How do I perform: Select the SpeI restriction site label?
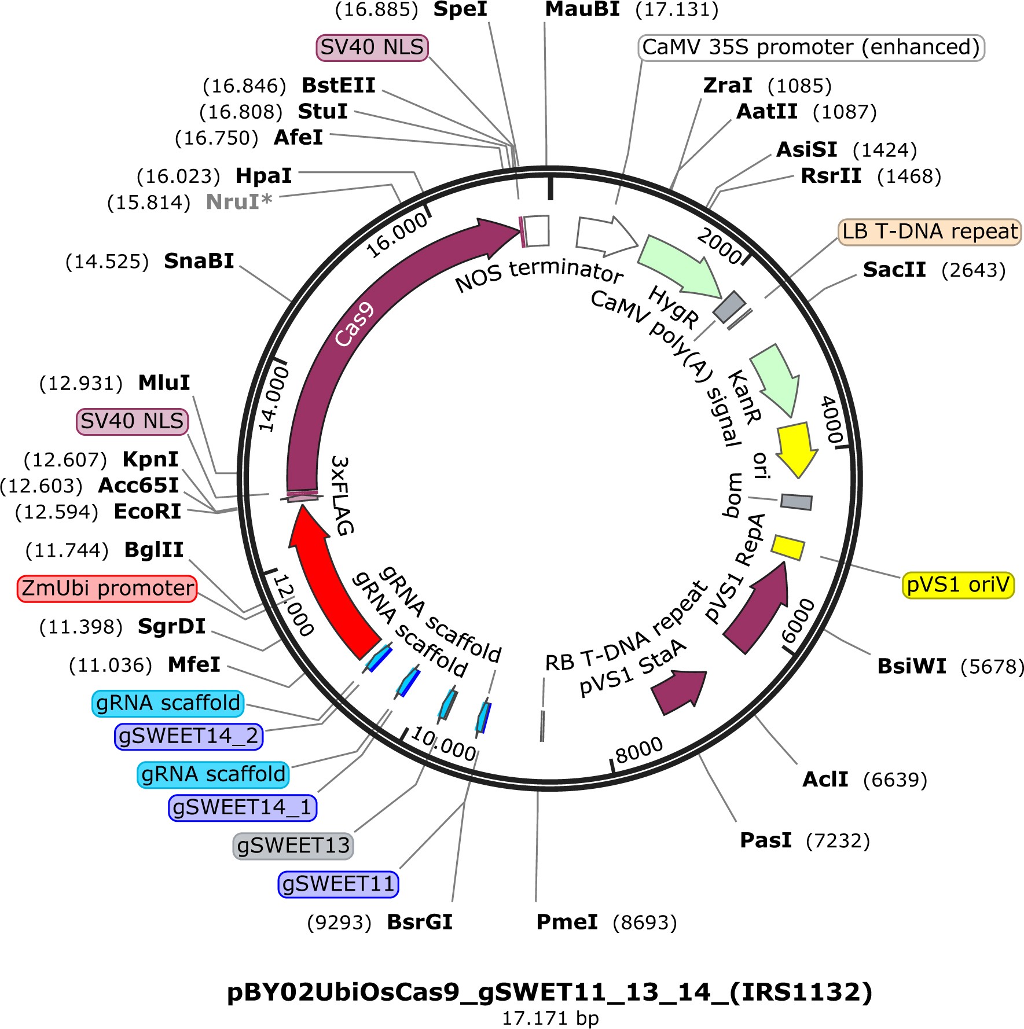pos(460,9)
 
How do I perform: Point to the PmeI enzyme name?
pos(567,922)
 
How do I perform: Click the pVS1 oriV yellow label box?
pos(957,585)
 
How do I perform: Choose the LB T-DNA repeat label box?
pos(929,231)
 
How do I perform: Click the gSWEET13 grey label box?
pos(293,846)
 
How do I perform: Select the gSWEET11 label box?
pos(338,884)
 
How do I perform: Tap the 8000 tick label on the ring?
pos(638,751)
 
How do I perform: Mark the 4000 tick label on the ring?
pos(832,420)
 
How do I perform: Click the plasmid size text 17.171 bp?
pos(550,1018)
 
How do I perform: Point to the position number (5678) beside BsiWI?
pos(992,667)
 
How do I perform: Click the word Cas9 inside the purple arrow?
pos(354,325)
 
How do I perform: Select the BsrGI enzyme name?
pos(419,922)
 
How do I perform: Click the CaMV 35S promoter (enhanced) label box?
pos(810,47)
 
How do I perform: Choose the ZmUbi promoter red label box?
pos(107,589)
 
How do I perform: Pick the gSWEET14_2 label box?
pos(189,736)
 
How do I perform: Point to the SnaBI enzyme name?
pos(199,261)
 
